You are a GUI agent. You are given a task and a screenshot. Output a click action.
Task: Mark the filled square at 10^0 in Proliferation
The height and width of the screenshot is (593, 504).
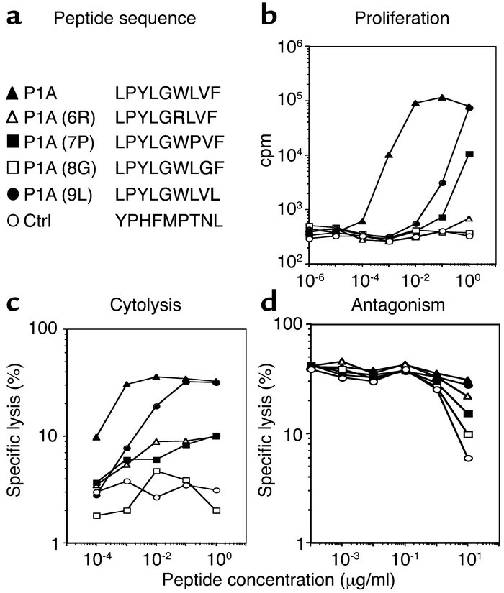(469, 154)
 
